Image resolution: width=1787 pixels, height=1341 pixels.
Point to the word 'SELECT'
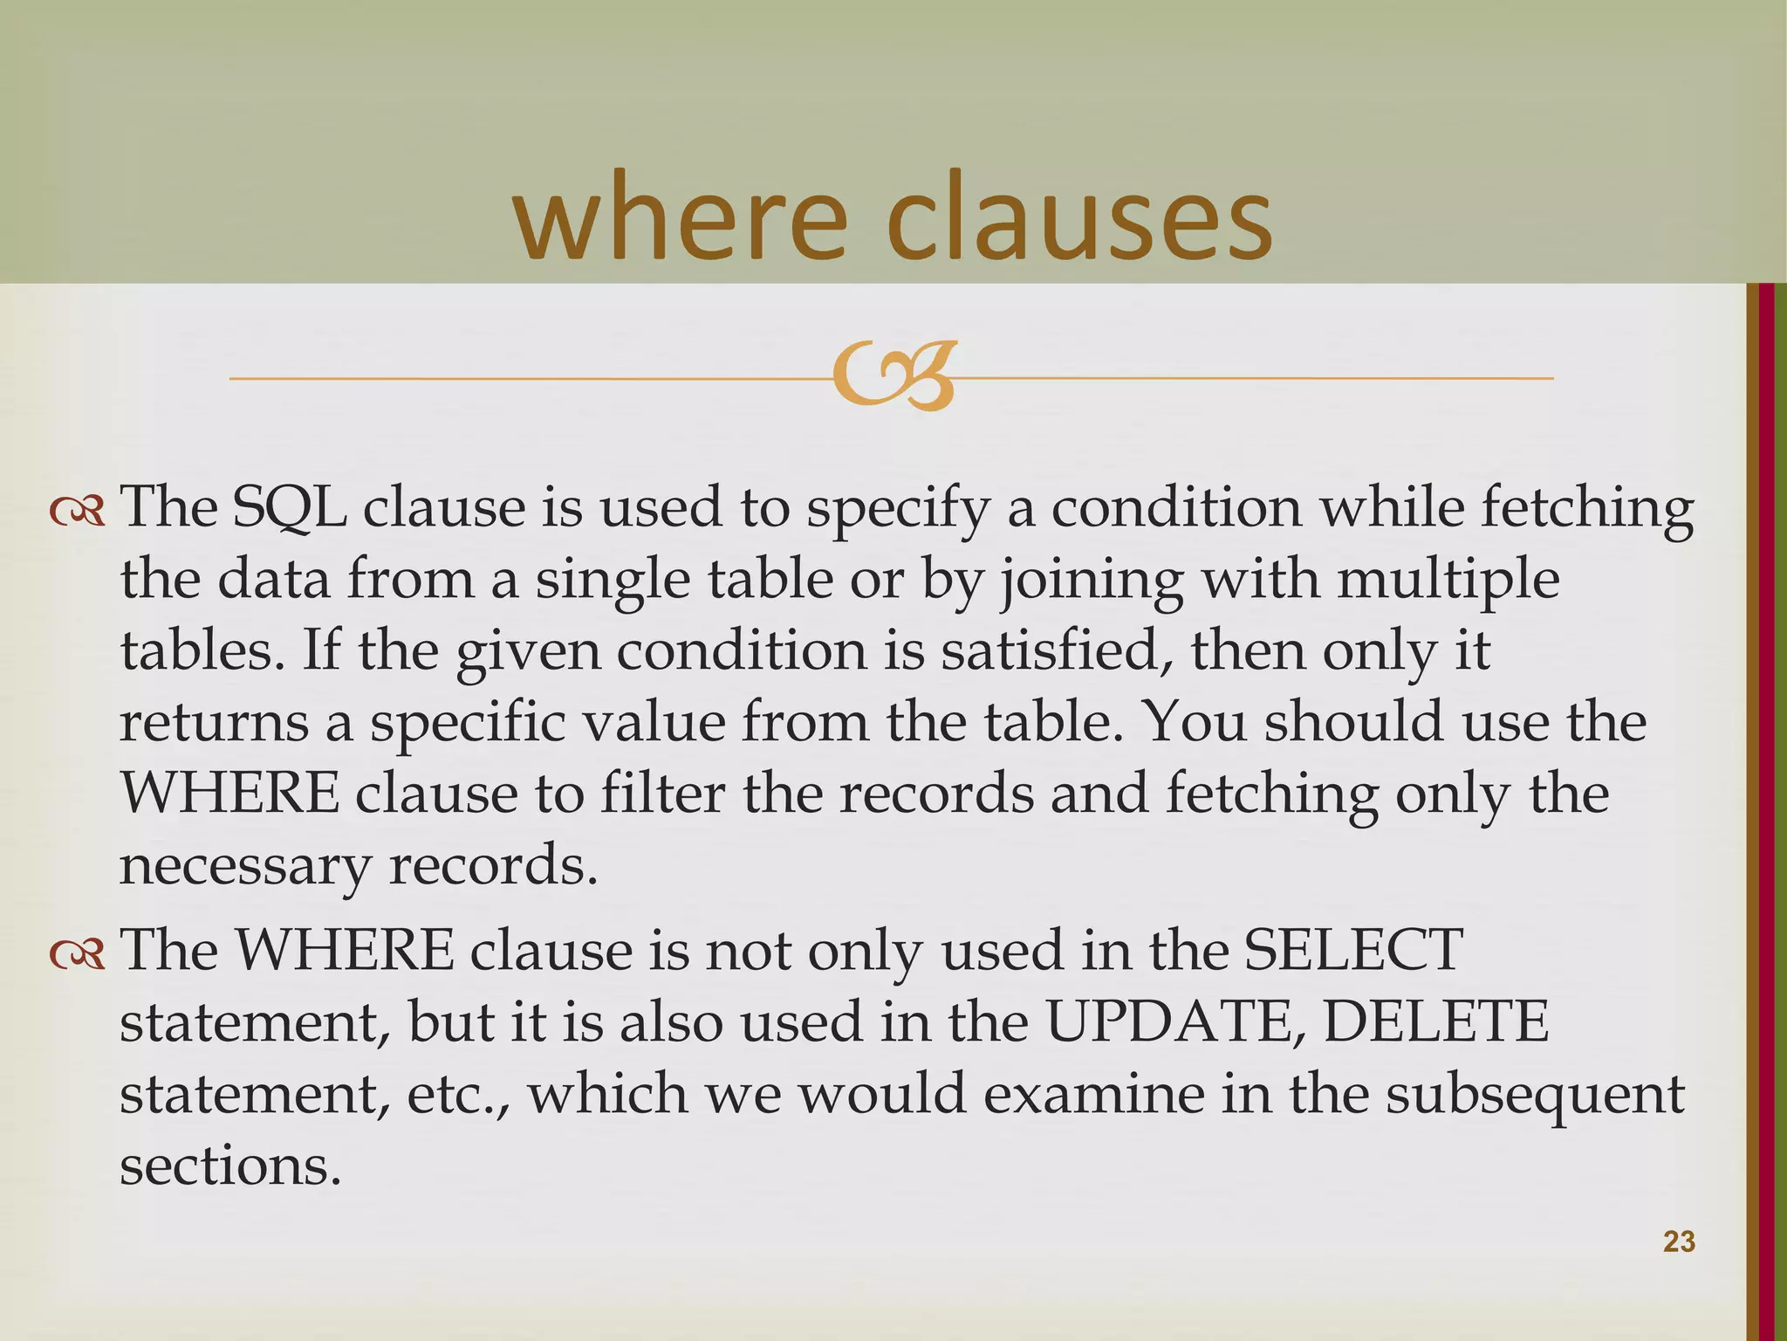[1352, 950]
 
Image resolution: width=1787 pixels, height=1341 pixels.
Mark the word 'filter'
[662, 794]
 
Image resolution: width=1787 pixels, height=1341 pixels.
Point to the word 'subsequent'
[1535, 1095]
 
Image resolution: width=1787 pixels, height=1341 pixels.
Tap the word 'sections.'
[229, 1166]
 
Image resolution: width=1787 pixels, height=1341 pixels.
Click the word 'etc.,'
[459, 1095]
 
